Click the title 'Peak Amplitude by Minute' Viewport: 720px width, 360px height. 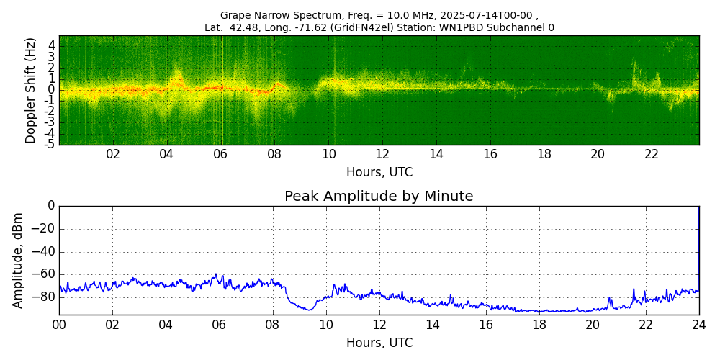click(x=379, y=197)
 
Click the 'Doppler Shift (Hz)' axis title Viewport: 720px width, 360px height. click(x=30, y=90)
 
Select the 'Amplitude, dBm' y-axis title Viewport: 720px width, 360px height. click(x=19, y=260)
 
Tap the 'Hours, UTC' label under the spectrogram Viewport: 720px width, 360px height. click(x=379, y=173)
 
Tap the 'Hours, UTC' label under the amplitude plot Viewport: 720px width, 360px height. click(x=379, y=343)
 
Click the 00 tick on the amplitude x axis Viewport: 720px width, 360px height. click(x=59, y=325)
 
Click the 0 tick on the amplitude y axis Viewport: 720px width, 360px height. click(x=51, y=206)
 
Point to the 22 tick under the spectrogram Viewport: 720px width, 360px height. click(x=652, y=154)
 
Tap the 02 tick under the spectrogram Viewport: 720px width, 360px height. click(x=113, y=154)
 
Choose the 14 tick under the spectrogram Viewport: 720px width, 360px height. click(x=436, y=154)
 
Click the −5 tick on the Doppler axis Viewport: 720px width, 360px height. click(x=50, y=144)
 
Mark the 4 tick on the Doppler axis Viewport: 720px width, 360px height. click(x=52, y=45)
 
